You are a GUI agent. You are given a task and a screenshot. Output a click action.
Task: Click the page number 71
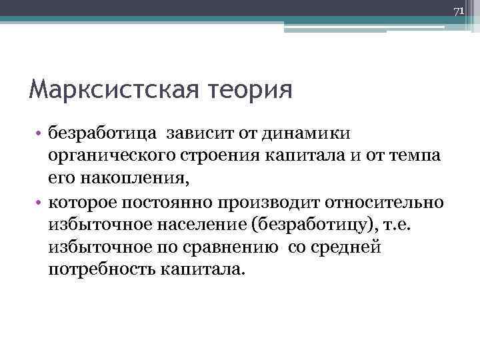click(x=458, y=12)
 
